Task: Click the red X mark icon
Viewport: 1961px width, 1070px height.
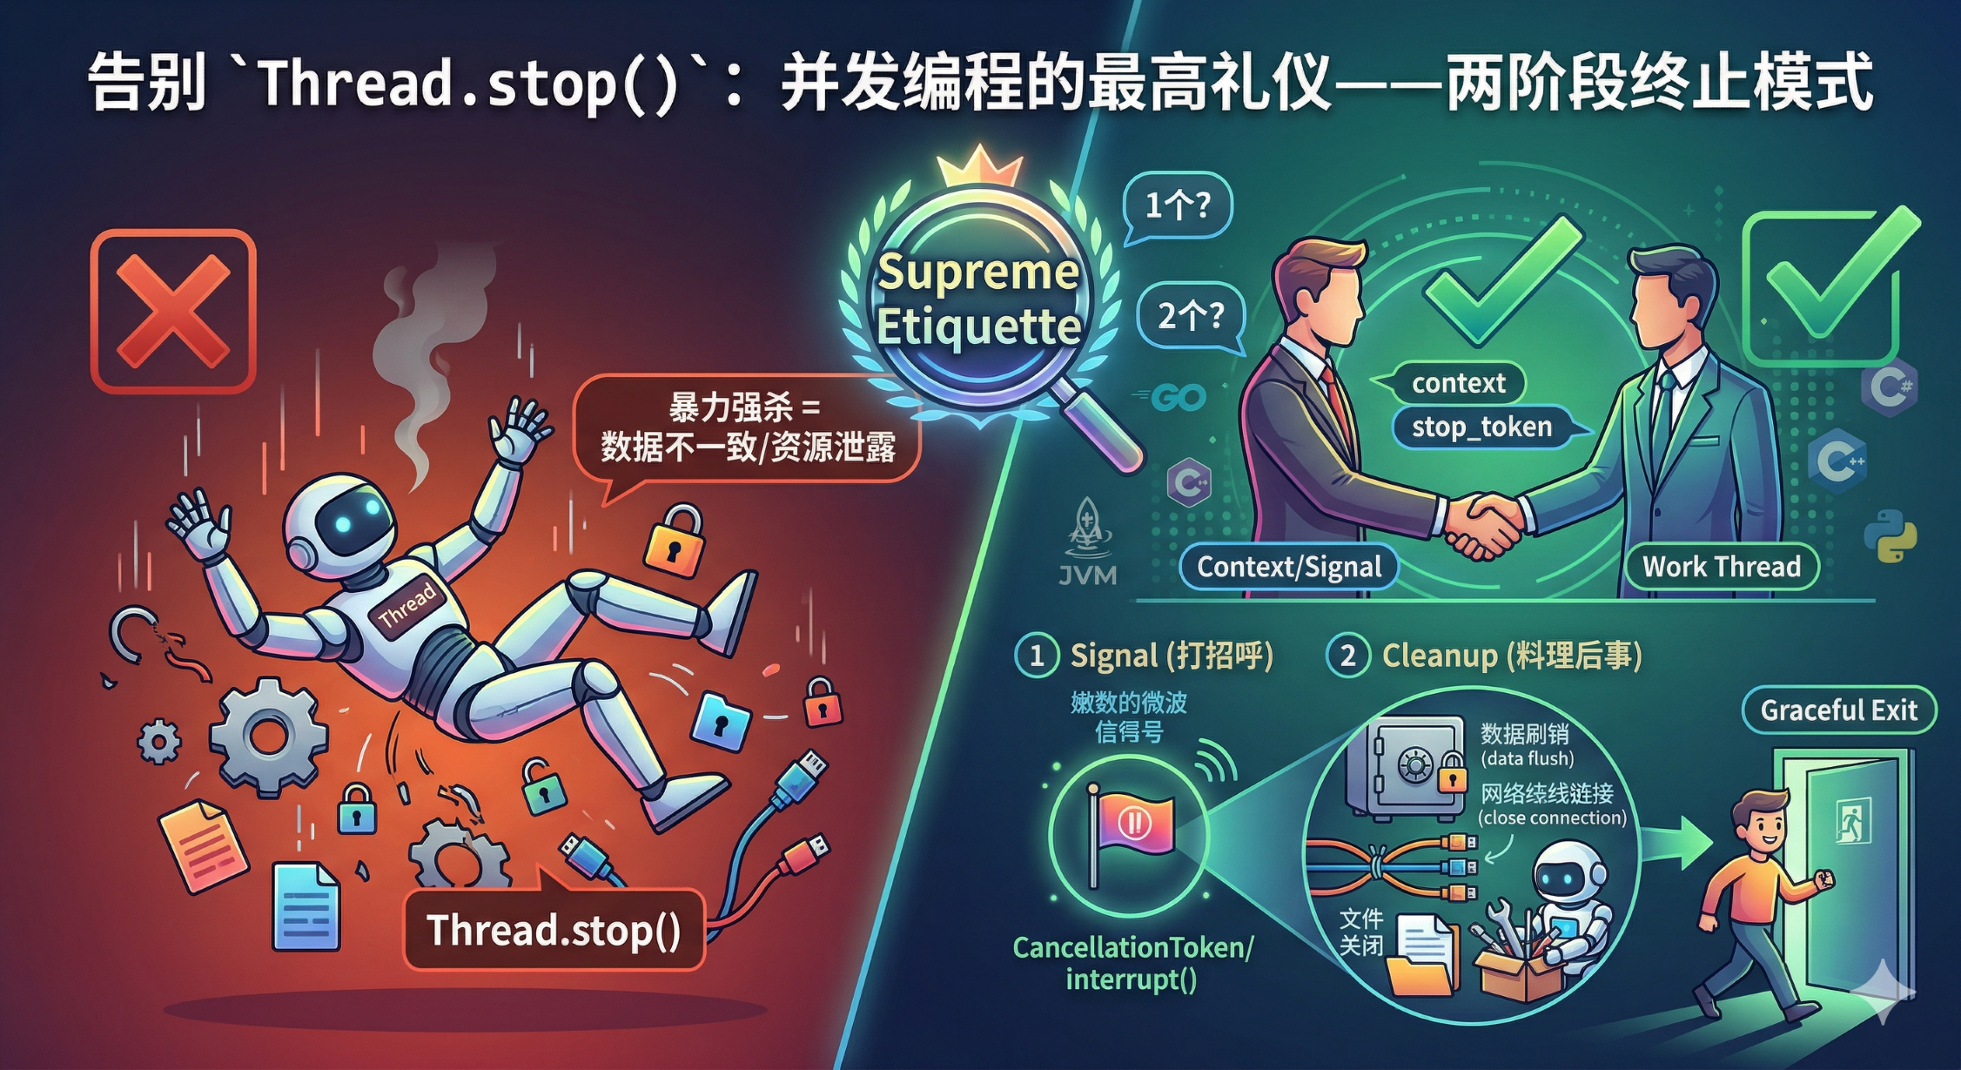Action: [x=173, y=311]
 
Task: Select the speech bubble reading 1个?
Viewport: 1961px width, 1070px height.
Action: [x=1177, y=205]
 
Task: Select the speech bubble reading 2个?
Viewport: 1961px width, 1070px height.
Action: [x=1190, y=315]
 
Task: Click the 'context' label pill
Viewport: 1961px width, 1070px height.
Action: [x=1458, y=383]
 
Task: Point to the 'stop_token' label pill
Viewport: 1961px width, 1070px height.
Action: [x=1481, y=427]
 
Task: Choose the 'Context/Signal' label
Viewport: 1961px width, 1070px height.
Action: [x=1288, y=567]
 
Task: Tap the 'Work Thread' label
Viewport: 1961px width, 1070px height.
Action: [x=1721, y=567]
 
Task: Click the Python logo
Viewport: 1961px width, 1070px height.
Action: [x=1890, y=535]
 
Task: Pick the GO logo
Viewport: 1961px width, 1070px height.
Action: [x=1179, y=398]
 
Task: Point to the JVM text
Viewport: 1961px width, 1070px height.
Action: [x=1087, y=575]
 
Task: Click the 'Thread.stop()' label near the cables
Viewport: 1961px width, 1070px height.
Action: [x=554, y=930]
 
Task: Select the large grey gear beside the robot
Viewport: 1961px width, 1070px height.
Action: [x=268, y=736]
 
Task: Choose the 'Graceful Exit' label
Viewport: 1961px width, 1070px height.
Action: [x=1838, y=710]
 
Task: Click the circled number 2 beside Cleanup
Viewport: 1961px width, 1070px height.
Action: [x=1347, y=656]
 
